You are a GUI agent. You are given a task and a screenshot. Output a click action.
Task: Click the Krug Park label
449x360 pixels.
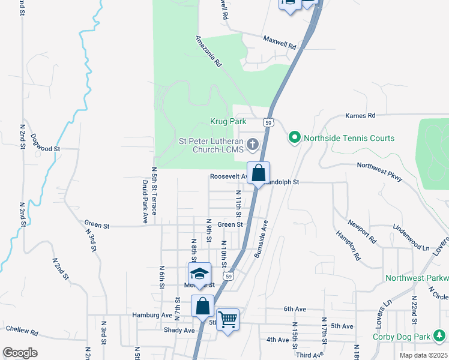tap(228, 121)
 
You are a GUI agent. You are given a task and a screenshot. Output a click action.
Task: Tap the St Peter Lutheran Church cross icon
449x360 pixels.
tap(253, 143)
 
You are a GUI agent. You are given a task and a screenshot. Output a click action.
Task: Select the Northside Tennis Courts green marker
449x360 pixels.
tap(294, 138)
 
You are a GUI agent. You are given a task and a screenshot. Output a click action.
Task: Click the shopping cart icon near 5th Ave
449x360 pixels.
tap(228, 319)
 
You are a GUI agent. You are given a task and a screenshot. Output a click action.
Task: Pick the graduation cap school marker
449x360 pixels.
tap(199, 274)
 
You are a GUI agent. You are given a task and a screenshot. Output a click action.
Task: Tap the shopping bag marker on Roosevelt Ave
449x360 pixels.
tap(258, 173)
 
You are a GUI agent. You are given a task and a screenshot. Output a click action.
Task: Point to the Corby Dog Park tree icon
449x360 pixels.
tap(441, 335)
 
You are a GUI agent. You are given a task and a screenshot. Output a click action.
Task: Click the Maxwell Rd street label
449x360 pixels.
tap(280, 42)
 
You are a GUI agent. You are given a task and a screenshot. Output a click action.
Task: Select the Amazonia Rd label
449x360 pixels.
tap(209, 50)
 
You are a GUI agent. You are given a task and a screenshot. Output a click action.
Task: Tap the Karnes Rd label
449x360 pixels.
tap(360, 115)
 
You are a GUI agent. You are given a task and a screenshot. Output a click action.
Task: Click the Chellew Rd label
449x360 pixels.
tap(22, 331)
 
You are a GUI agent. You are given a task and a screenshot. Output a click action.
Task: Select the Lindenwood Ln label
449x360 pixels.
tap(412, 239)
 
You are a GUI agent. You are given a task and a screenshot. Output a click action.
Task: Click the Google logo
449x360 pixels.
tap(20, 352)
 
